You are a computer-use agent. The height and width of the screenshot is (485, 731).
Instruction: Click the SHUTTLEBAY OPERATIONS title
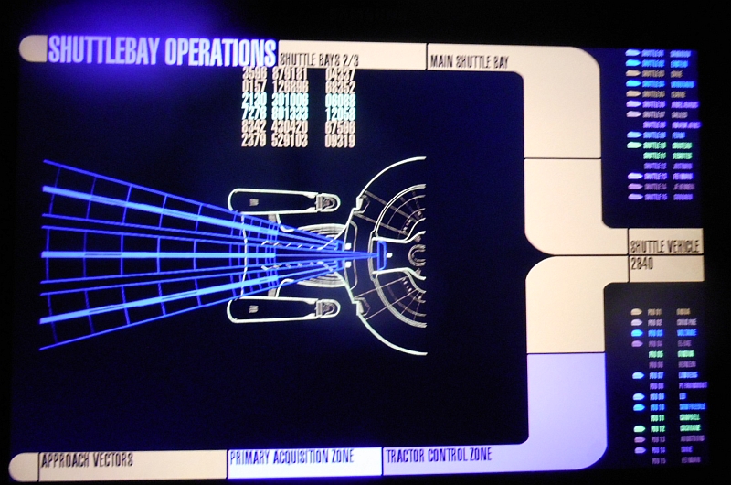pyautogui.click(x=161, y=50)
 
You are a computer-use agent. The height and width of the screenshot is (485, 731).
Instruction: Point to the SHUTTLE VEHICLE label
pyautogui.click(x=664, y=246)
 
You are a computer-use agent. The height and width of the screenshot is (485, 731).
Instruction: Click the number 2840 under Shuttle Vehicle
pyautogui.click(x=643, y=263)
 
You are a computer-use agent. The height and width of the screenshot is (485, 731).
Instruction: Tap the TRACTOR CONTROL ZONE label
pyautogui.click(x=439, y=455)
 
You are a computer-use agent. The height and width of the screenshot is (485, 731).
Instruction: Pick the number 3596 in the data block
pyautogui.click(x=255, y=72)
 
